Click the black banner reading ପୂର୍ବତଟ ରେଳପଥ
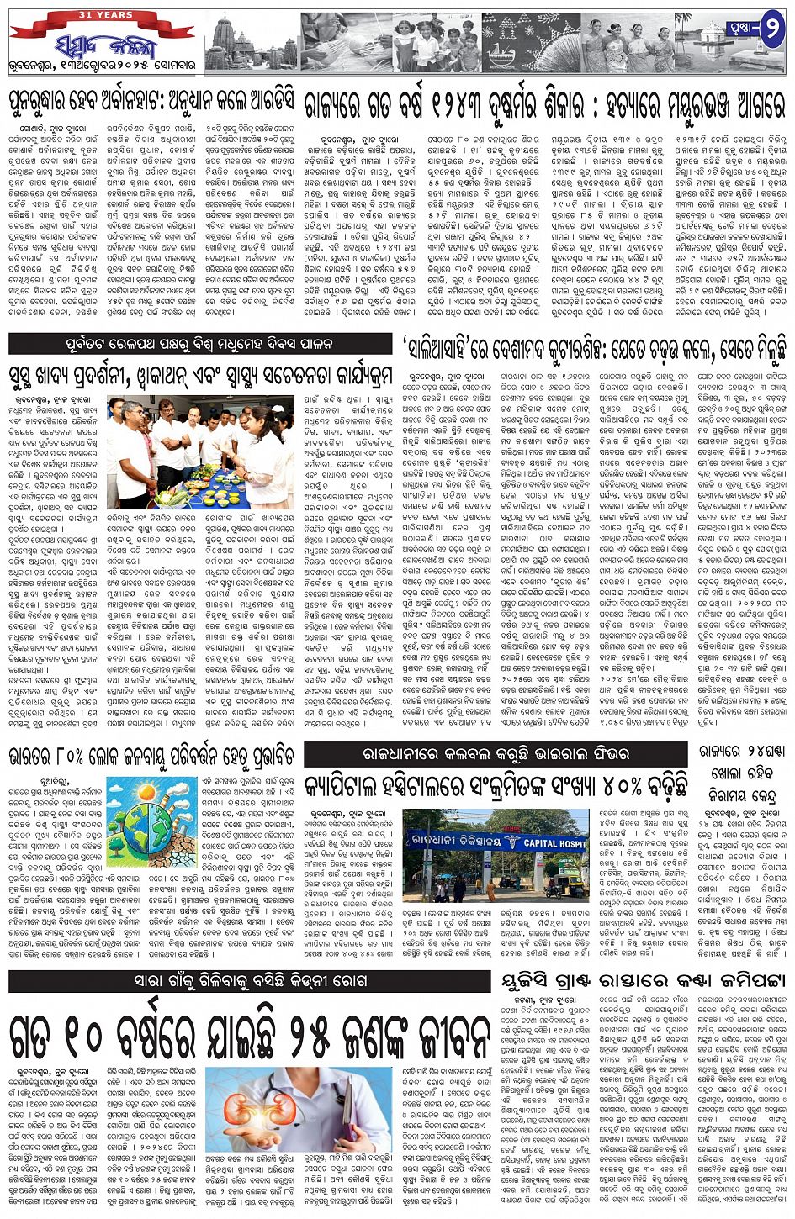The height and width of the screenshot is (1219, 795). [x=200, y=343]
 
